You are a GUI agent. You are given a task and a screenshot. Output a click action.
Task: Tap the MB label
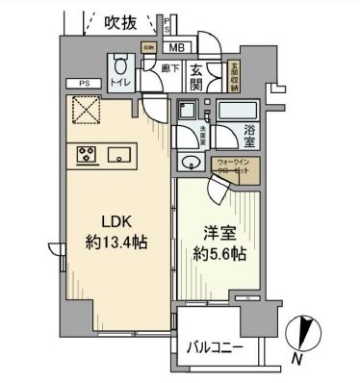click(177, 46)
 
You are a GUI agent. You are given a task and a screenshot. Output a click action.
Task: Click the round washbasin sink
click(190, 161)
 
